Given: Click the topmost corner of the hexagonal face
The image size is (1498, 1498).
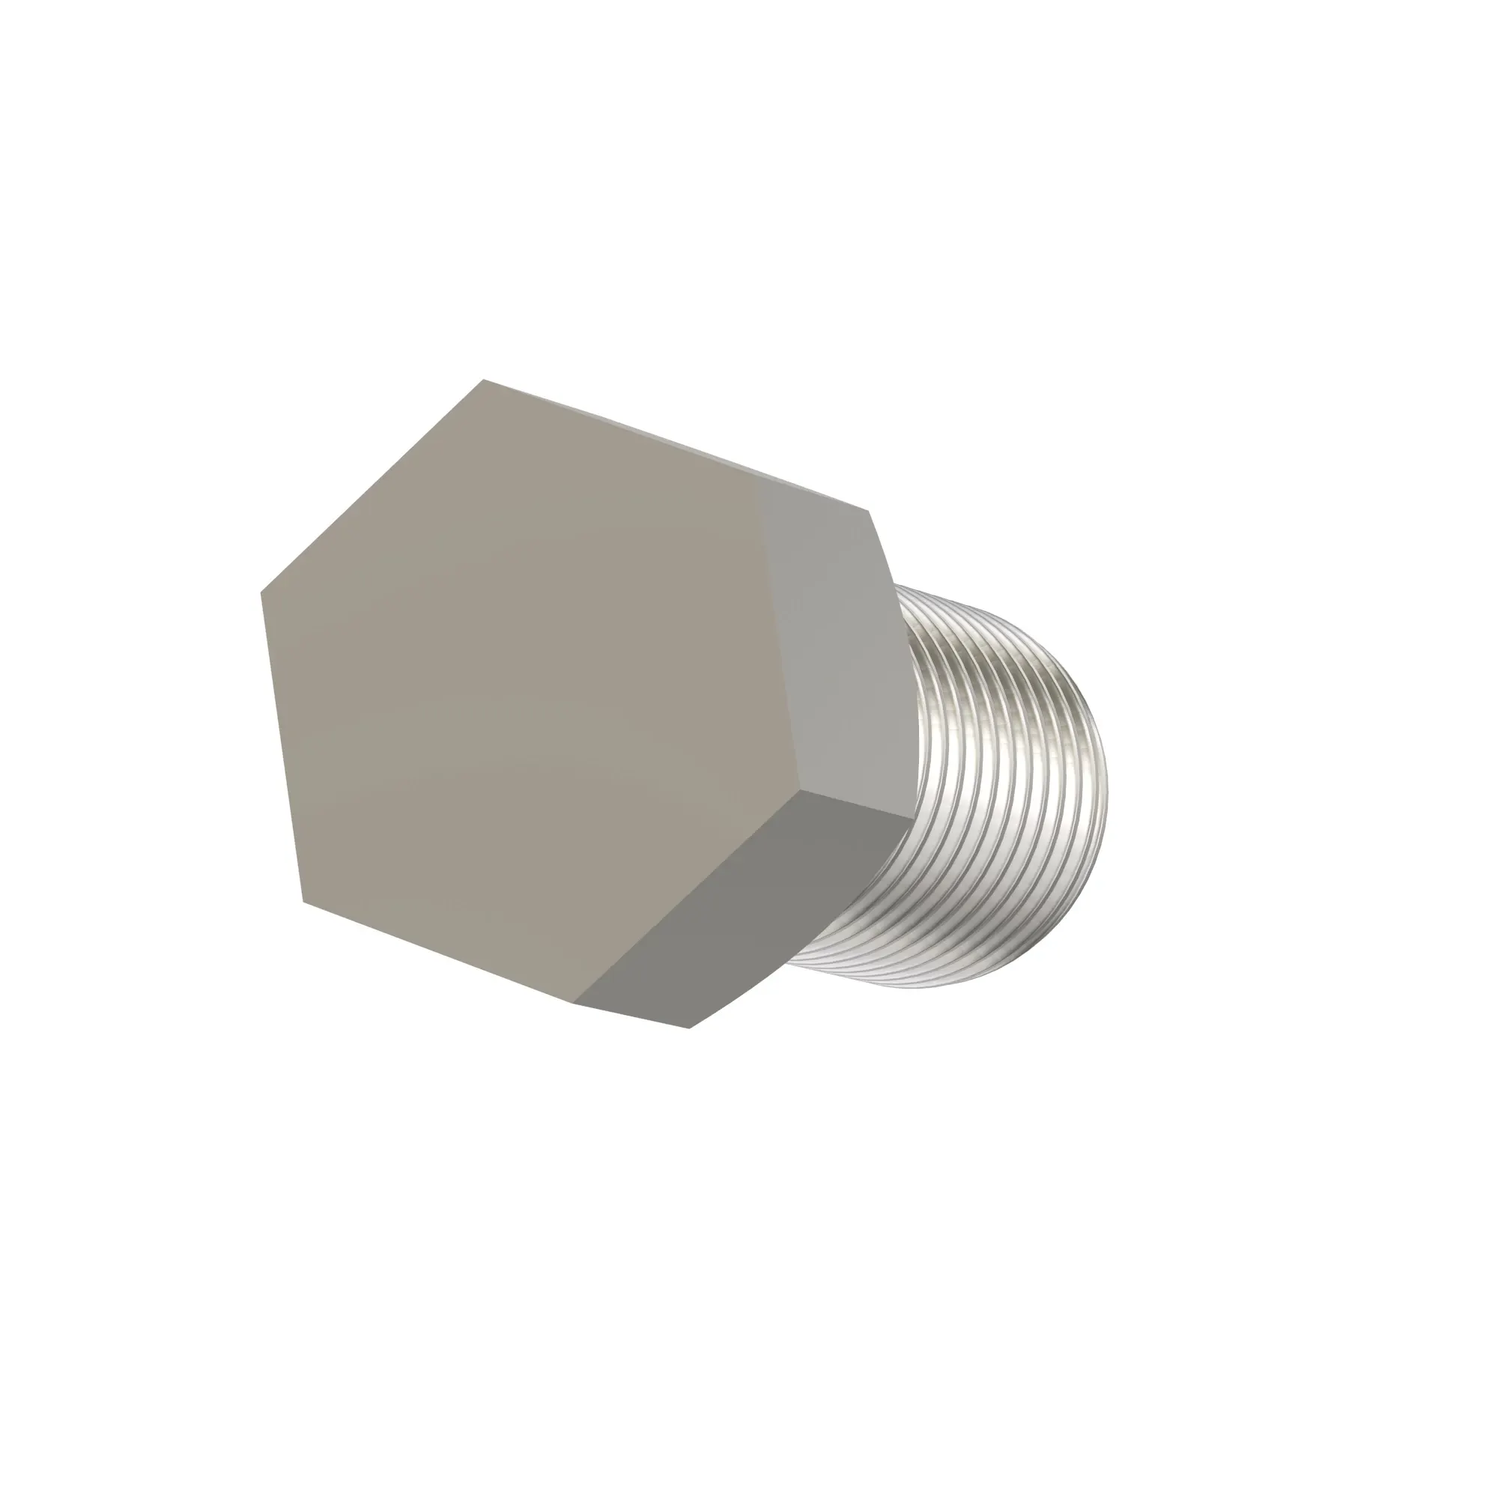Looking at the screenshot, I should pos(484,380).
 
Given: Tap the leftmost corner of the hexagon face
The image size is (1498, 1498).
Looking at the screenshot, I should pos(261,592).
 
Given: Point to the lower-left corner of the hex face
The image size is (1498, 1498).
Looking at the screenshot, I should pos(303,902).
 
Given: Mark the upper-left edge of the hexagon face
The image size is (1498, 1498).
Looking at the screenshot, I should pos(372,486).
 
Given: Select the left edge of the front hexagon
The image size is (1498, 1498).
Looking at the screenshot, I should pos(282,747).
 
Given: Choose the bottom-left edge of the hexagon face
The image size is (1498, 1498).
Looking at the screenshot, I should pos(438,953).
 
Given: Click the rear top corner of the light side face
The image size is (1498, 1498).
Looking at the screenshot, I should pos(867,511).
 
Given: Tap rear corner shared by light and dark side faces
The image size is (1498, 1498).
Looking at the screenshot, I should pos(913,816).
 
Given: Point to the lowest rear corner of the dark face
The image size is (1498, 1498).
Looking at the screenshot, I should pos(689,1028).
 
